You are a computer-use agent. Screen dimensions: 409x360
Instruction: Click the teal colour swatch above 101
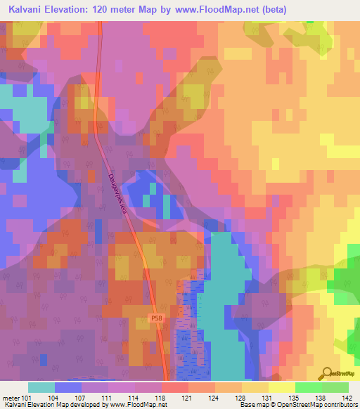click(41, 387)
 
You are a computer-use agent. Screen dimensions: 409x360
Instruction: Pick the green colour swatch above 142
click(335, 387)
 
